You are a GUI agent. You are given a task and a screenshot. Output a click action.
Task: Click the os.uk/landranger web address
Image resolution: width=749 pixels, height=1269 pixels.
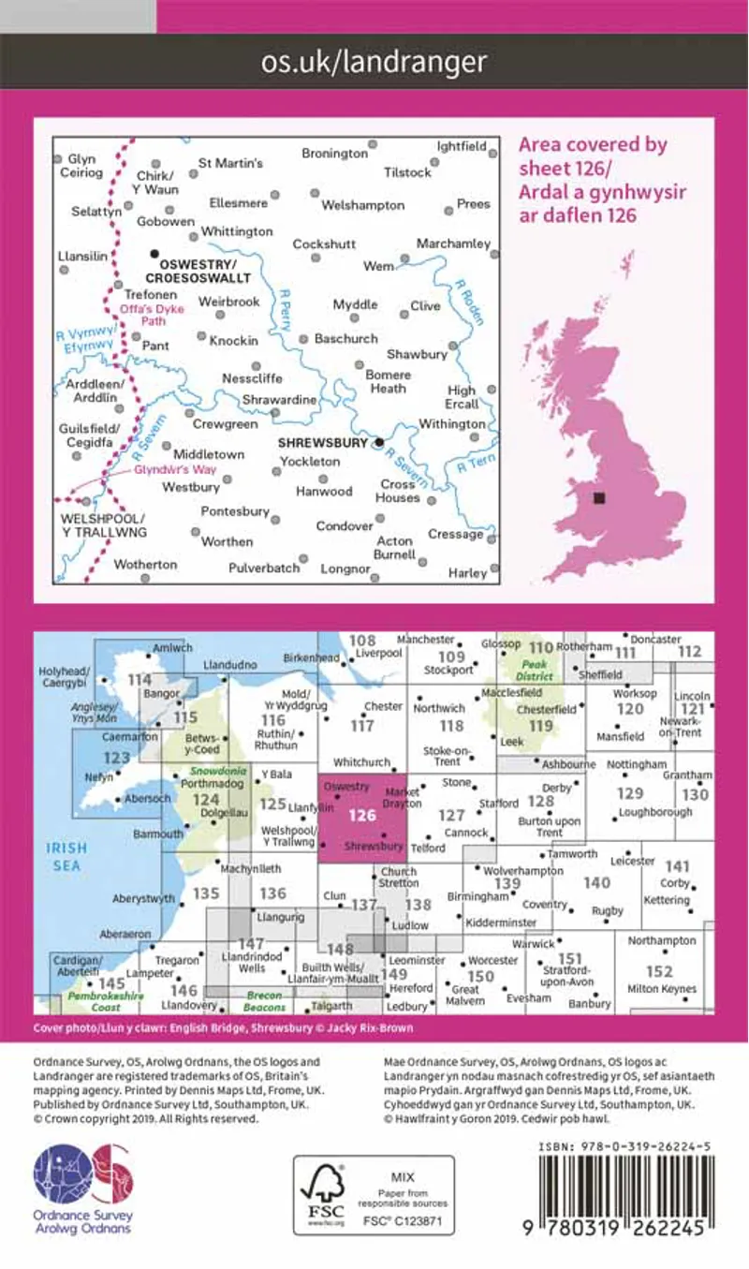(374, 63)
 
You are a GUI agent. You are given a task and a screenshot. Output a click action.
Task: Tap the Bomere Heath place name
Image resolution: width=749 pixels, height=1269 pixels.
(388, 381)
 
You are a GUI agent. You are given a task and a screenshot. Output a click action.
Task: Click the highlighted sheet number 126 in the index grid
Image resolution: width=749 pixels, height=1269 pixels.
(362, 815)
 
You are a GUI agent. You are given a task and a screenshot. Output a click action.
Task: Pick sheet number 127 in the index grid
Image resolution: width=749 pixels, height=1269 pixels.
(451, 815)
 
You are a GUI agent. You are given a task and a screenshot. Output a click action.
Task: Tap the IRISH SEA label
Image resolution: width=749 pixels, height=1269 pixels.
(66, 857)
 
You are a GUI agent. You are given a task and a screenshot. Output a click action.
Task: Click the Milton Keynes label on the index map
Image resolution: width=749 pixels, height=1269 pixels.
(662, 989)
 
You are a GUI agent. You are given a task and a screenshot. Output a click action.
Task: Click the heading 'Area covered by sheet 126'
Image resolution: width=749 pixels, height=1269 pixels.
(592, 180)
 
